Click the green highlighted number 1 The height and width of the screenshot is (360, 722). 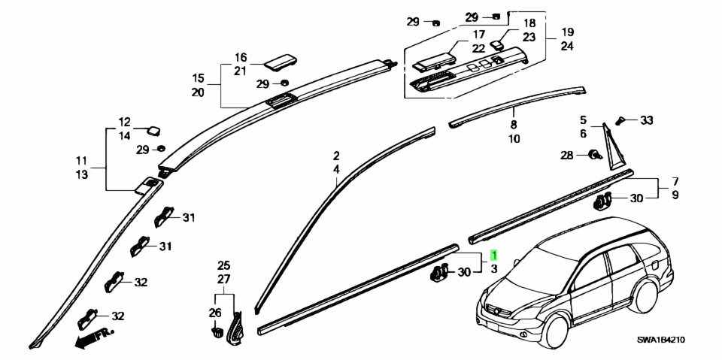[493, 255]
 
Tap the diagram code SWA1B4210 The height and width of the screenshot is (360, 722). [661, 340]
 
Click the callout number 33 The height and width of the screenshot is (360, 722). [647, 120]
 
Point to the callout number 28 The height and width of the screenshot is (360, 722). [567, 156]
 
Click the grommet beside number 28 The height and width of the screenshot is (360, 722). [594, 155]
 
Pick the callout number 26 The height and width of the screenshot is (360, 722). [215, 313]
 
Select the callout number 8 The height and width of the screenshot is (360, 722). [514, 124]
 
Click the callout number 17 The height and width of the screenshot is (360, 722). [478, 35]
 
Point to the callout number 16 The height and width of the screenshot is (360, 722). [241, 58]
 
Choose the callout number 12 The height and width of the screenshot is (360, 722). [124, 123]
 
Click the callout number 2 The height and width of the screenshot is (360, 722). [336, 156]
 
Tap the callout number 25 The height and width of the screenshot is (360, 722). [224, 265]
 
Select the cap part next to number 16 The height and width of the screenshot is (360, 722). [280, 62]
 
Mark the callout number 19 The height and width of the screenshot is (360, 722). [567, 32]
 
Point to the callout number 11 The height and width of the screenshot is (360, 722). [81, 161]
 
